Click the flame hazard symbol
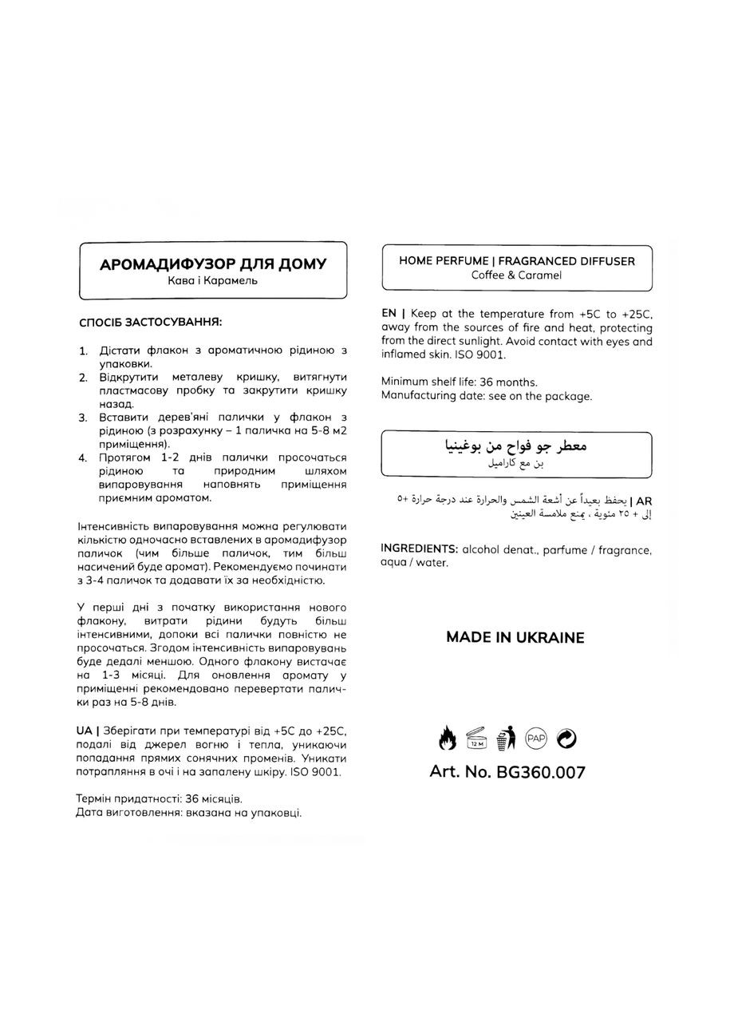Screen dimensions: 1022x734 448,739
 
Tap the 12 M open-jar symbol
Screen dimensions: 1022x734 476,739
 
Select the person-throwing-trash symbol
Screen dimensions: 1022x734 506,739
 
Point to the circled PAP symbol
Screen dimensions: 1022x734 536,739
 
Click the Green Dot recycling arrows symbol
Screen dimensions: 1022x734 566,739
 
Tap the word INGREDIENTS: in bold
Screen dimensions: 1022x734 419,549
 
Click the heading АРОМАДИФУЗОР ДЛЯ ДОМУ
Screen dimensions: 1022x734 213,264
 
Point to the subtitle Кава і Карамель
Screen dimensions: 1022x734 213,281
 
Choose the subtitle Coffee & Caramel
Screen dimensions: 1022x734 516,275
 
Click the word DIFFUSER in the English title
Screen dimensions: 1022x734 604,260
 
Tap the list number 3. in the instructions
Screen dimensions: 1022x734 83,418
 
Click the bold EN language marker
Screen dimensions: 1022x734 389,314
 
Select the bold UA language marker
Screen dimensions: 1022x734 84,731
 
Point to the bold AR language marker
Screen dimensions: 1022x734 644,500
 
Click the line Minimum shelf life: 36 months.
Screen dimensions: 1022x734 460,382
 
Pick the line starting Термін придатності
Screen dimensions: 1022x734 159,798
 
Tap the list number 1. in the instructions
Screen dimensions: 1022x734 83,351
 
